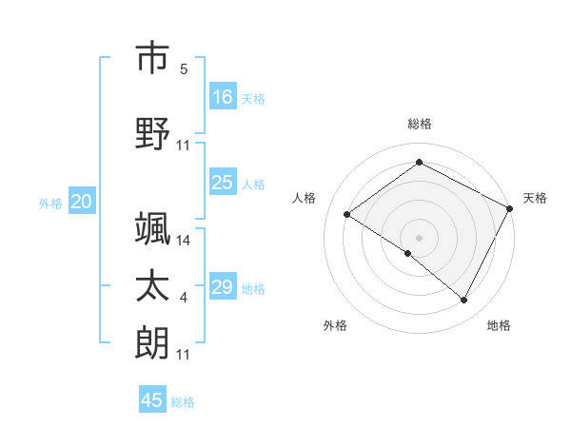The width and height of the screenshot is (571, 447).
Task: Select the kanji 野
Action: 152,134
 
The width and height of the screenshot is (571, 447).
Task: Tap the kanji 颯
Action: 152,228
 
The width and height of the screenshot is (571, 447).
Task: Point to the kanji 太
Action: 152,286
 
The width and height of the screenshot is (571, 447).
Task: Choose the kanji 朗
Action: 152,342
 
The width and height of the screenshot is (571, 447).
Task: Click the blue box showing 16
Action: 223,97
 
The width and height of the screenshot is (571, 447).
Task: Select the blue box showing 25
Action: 223,183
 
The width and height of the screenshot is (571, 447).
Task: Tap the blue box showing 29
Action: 223,287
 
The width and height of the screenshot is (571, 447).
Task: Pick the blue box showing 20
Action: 81,202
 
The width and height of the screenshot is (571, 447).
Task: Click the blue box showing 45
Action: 152,400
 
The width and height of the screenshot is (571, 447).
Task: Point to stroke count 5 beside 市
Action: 184,69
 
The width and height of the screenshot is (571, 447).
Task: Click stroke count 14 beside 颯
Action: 184,241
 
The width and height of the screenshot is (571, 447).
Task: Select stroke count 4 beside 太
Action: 184,299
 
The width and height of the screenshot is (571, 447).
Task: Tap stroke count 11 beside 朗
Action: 184,355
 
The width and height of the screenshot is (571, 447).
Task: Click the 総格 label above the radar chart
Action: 419,124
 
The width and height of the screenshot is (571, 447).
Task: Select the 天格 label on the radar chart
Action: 535,198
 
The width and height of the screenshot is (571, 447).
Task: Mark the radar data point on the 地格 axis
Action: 464,301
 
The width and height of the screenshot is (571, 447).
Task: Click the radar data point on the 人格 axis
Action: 347,215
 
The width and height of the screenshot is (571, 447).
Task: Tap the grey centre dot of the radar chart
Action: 419,237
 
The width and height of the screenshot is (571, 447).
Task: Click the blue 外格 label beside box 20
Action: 50,203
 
